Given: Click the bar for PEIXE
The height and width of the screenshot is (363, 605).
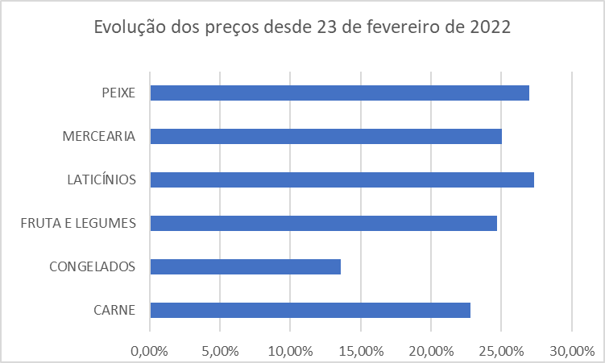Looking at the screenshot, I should [x=339, y=93].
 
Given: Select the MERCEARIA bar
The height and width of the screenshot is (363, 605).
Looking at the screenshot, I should [x=325, y=136].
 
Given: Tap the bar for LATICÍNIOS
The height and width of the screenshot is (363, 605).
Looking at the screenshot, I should [x=342, y=179].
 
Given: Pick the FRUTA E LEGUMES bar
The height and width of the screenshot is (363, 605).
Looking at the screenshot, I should [x=323, y=223].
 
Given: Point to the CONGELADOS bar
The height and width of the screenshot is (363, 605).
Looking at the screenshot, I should [x=245, y=266].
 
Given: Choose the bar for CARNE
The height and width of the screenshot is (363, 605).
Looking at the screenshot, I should [x=310, y=310].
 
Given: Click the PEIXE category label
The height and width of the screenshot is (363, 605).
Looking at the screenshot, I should [x=118, y=93].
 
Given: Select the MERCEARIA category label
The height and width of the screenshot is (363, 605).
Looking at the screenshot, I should [x=98, y=136].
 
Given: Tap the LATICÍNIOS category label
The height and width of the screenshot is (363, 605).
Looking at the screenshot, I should [x=101, y=179].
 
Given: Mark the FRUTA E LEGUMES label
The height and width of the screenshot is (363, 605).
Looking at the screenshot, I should [x=78, y=223].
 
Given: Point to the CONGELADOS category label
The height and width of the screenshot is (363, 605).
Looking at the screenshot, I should [x=92, y=266].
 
